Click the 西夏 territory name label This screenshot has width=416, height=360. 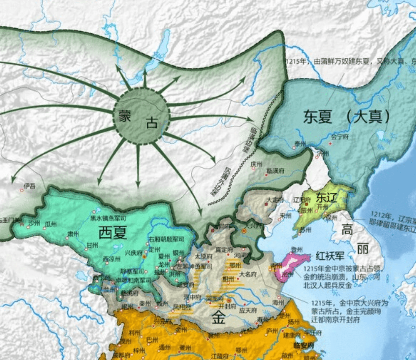click(113, 233)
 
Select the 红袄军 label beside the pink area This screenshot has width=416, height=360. click(330, 256)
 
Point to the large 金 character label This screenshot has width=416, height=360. click(218, 318)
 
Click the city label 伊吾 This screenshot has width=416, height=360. click(29, 186)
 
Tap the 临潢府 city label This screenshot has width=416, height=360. click(275, 171)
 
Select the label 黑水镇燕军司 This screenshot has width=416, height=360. click(108, 218)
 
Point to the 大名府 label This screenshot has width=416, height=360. click(248, 274)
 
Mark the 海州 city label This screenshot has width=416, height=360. click(278, 302)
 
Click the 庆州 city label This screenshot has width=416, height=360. click(256, 164)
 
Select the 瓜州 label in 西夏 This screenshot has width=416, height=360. click(50, 224)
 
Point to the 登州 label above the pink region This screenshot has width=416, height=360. click(297, 249)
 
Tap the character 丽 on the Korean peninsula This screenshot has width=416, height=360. click(363, 249)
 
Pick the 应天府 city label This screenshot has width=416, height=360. click(248, 311)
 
